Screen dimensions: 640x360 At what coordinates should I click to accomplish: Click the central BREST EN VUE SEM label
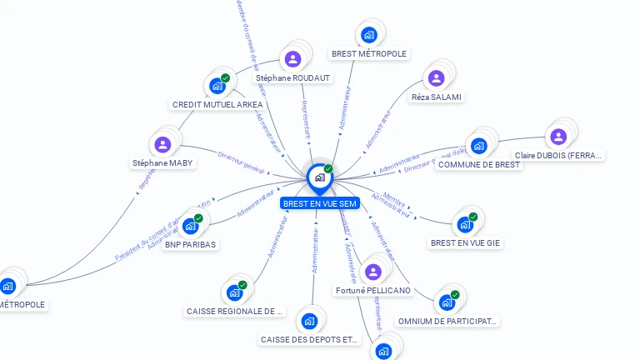click(320, 203)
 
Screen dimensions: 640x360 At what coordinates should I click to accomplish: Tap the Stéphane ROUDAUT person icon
click(292, 59)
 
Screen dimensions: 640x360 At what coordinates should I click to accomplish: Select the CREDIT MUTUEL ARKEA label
click(217, 105)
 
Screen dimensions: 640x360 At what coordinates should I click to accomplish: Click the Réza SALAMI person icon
click(436, 78)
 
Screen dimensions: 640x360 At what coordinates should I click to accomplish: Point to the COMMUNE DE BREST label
click(479, 164)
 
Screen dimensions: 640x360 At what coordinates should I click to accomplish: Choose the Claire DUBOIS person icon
click(558, 137)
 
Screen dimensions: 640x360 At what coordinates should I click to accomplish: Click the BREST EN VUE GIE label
click(466, 243)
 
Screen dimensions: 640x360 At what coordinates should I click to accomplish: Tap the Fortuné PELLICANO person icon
click(372, 272)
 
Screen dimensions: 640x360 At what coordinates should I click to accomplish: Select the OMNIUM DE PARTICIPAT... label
click(447, 321)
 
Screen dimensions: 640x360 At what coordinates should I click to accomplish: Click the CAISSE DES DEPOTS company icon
click(309, 321)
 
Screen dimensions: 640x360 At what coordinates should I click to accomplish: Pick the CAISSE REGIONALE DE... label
click(234, 312)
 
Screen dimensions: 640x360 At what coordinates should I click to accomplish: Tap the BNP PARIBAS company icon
click(191, 226)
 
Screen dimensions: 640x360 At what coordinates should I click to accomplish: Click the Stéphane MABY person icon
click(163, 145)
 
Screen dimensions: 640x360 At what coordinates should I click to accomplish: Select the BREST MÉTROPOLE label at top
click(369, 54)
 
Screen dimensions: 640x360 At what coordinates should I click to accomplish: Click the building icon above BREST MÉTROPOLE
click(369, 35)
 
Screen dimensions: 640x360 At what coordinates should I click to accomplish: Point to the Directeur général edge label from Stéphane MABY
click(241, 158)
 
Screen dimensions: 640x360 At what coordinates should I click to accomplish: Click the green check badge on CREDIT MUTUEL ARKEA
click(225, 78)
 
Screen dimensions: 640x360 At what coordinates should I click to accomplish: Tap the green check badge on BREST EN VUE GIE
click(472, 217)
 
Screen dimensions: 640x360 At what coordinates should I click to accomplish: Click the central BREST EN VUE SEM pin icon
click(319, 177)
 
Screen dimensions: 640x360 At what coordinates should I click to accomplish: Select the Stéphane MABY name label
click(163, 163)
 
